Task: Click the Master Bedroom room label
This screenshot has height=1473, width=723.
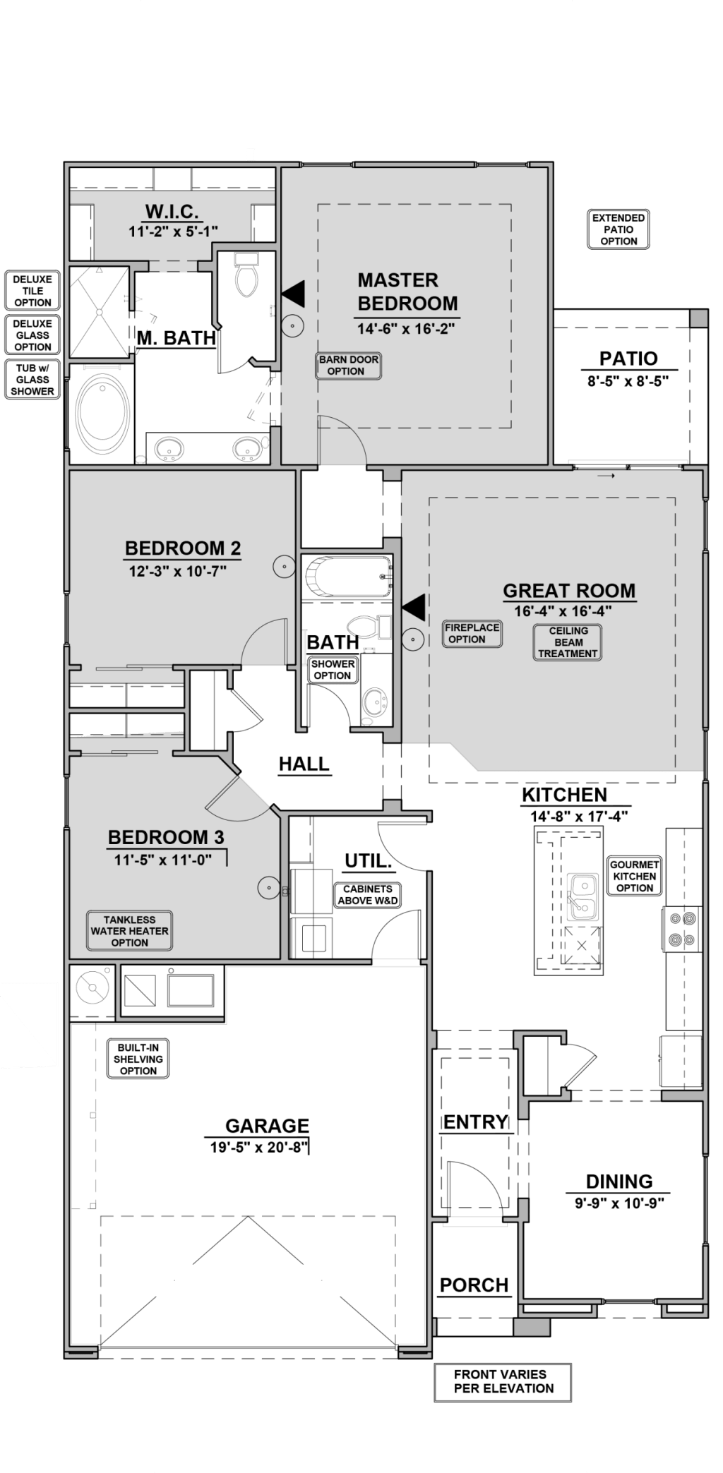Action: point(407,291)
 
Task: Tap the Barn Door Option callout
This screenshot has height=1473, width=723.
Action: point(348,366)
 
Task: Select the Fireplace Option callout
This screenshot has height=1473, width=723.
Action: point(472,633)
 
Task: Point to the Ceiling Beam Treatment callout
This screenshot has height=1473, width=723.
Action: point(568,642)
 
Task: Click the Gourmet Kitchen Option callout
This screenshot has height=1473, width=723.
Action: point(635,876)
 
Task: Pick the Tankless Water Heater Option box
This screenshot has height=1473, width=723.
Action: point(129,931)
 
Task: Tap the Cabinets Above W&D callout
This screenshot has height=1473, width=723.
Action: point(368,895)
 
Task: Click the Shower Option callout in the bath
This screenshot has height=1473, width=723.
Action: point(333,670)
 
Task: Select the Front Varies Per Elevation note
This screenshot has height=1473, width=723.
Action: point(503,1381)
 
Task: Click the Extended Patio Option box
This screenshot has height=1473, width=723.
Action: point(619,229)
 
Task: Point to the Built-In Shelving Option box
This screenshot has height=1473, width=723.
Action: point(138,1059)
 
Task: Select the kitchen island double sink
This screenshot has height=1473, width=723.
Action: point(583,896)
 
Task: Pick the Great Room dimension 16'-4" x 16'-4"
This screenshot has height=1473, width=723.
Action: point(563,611)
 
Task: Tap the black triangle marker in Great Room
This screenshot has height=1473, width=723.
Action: point(414,607)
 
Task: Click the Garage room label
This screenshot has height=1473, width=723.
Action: point(267,1126)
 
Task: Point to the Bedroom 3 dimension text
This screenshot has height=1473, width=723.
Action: point(163,860)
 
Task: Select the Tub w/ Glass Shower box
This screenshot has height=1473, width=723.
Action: point(32,380)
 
